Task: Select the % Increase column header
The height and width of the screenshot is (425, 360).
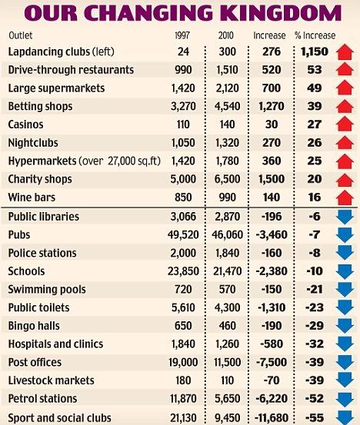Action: click(x=315, y=35)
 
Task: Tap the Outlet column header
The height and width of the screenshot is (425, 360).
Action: click(x=21, y=35)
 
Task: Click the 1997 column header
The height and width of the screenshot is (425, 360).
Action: click(x=182, y=35)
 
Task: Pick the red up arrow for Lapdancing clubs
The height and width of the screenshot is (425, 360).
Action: click(x=345, y=51)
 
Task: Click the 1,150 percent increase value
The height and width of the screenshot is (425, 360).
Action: click(x=315, y=51)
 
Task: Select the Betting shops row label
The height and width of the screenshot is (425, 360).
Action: click(x=40, y=106)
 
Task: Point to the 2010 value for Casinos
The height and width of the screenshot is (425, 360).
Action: click(x=227, y=125)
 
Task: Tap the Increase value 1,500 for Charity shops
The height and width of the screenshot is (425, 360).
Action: click(x=272, y=179)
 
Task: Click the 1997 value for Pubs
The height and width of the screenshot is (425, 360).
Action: click(x=183, y=234)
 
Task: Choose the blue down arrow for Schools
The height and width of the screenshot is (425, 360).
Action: click(x=345, y=271)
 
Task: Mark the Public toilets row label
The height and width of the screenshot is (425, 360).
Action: click(x=38, y=307)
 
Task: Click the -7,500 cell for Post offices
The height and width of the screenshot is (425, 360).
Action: click(x=272, y=362)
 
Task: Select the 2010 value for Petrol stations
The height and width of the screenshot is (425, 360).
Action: click(x=227, y=398)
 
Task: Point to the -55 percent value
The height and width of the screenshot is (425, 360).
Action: click(x=315, y=417)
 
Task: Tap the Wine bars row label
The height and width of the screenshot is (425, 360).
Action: click(x=32, y=198)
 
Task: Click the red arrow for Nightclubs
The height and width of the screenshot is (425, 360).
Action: click(x=345, y=143)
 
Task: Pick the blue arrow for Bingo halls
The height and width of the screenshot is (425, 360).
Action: click(x=345, y=326)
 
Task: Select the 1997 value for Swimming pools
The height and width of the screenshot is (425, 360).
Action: click(x=183, y=290)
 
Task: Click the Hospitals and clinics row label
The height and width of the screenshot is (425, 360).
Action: click(x=55, y=344)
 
